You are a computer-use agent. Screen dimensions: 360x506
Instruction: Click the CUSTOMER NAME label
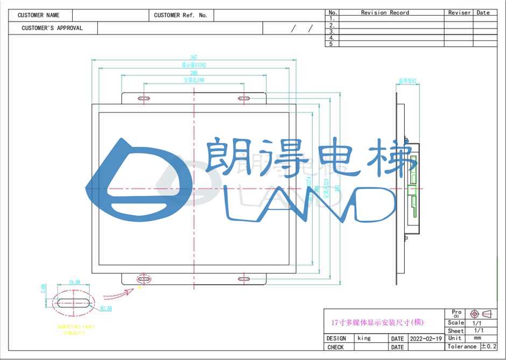(x=38, y=16)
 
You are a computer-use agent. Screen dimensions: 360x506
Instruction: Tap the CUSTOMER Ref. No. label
(x=180, y=16)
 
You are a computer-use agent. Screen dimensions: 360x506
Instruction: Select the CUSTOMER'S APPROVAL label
(x=52, y=28)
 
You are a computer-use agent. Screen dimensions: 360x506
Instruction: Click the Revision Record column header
(x=385, y=12)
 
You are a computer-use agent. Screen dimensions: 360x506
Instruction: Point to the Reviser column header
(x=459, y=12)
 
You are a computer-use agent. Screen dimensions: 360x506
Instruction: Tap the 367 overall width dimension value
(x=193, y=58)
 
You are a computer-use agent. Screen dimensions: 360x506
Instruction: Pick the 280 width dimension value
(x=193, y=73)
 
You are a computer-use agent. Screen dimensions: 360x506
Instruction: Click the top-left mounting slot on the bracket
(x=144, y=98)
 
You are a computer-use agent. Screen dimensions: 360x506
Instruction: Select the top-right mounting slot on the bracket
(x=244, y=98)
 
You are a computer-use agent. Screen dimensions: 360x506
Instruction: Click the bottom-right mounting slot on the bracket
(x=244, y=279)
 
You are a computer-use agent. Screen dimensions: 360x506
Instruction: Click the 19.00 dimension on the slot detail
(x=74, y=282)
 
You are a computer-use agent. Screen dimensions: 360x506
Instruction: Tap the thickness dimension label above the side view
(x=408, y=81)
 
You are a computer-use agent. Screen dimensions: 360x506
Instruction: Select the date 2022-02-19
(x=426, y=339)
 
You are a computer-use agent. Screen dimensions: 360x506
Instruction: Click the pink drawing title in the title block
(x=378, y=323)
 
